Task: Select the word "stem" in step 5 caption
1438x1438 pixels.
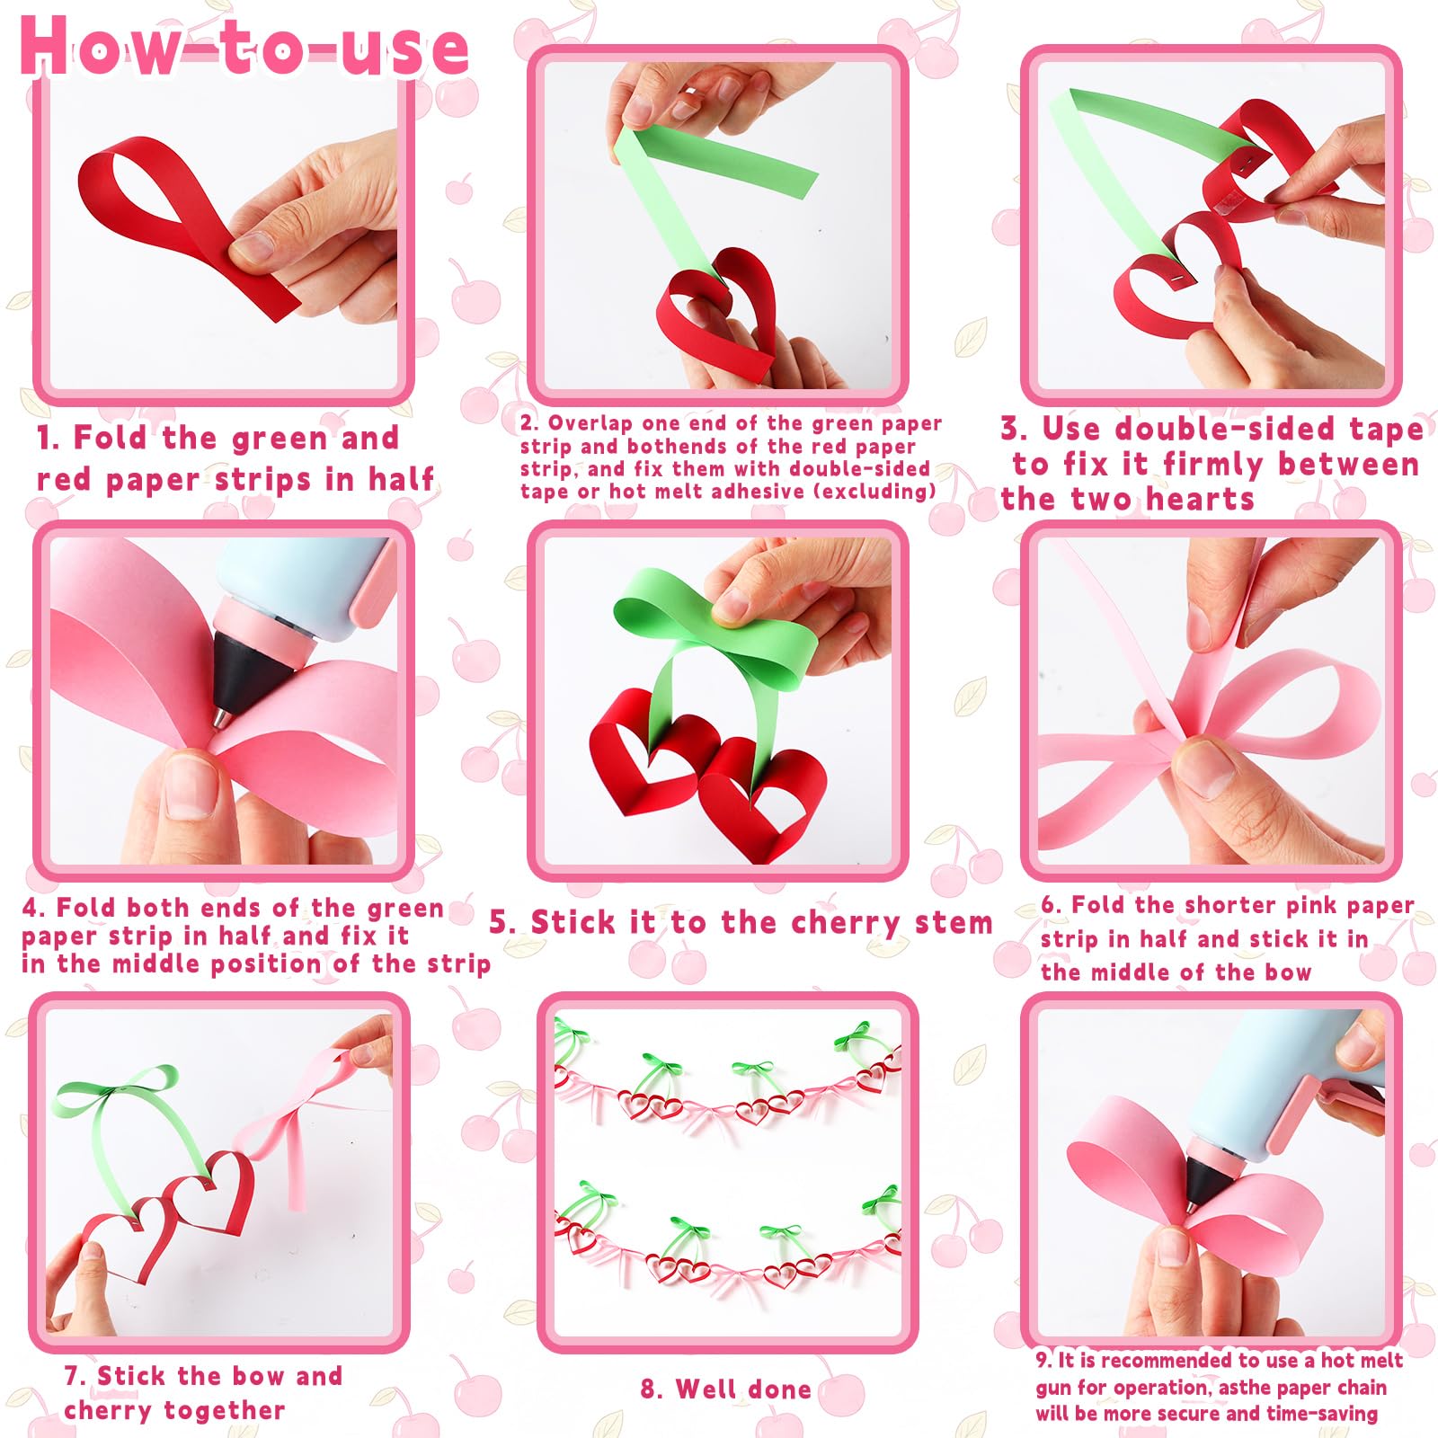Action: click(x=954, y=923)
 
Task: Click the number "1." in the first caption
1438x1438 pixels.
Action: click(x=48, y=439)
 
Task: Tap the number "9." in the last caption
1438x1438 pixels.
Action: click(x=1043, y=1360)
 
